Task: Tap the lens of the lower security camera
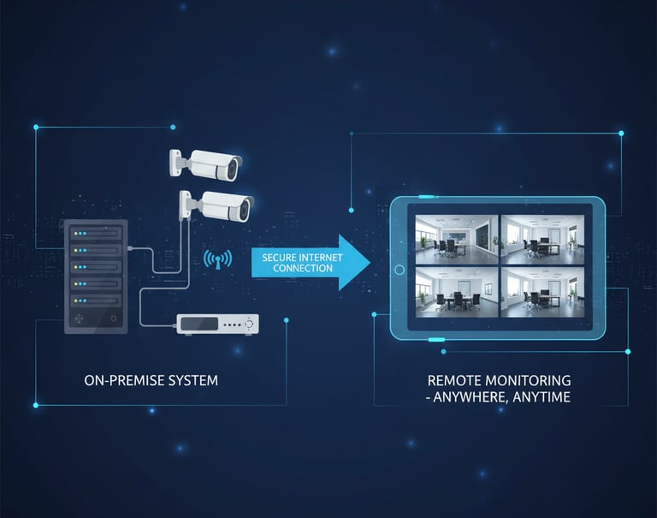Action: (x=247, y=207)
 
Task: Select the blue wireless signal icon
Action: (x=217, y=259)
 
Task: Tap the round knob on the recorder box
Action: (x=250, y=324)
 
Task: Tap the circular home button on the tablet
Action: (x=399, y=270)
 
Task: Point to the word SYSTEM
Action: (x=193, y=380)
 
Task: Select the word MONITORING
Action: (x=529, y=380)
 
